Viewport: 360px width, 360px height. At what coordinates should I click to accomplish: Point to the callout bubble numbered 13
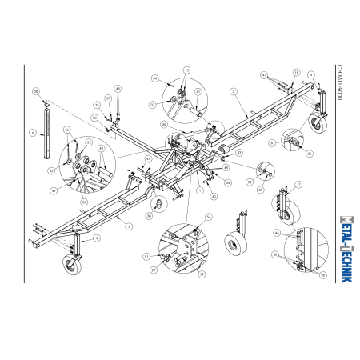point(186,71)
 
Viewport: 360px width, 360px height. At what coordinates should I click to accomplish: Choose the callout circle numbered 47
point(263,74)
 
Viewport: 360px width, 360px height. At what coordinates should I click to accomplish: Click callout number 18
point(296,72)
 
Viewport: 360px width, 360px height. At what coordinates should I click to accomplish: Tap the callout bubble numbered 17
point(298,184)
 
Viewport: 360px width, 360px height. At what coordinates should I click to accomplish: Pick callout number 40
point(214,196)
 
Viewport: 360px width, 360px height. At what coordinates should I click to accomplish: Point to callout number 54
point(209,217)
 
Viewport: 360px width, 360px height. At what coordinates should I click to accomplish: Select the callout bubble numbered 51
point(146,256)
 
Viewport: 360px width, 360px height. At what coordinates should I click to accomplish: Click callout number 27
point(154,270)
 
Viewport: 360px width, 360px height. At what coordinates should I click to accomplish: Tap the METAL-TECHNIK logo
point(339,245)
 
